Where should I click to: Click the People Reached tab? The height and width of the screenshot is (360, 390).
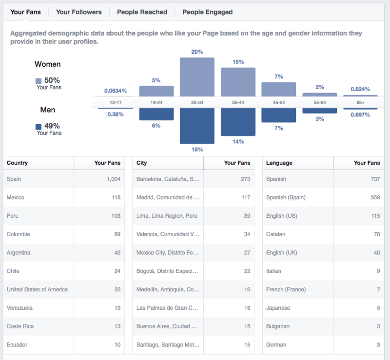[142, 12]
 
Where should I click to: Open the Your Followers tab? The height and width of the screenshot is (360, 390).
[78, 12]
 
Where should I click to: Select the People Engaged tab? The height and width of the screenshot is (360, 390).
[207, 12]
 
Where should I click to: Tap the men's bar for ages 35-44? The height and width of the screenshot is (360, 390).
[238, 122]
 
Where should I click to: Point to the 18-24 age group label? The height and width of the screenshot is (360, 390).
[156, 102]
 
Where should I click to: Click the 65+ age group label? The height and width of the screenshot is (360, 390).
[360, 102]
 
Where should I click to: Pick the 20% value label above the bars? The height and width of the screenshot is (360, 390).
[197, 52]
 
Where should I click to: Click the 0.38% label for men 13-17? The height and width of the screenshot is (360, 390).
[115, 114]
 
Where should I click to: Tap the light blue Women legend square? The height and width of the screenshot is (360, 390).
[39, 81]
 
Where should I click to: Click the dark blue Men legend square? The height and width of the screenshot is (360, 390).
[39, 127]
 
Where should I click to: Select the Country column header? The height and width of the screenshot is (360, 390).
[17, 163]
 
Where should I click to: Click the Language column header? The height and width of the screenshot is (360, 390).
[279, 163]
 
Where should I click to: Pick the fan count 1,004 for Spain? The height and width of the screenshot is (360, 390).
[113, 179]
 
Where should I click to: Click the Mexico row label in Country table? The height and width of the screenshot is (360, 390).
[16, 197]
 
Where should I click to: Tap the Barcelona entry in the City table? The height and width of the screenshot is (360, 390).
[168, 179]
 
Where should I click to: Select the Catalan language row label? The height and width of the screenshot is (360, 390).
[276, 234]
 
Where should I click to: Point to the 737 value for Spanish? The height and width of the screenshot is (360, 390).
[375, 179]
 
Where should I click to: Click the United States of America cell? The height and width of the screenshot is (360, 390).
[38, 289]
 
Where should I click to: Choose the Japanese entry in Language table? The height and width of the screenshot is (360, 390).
[278, 308]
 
